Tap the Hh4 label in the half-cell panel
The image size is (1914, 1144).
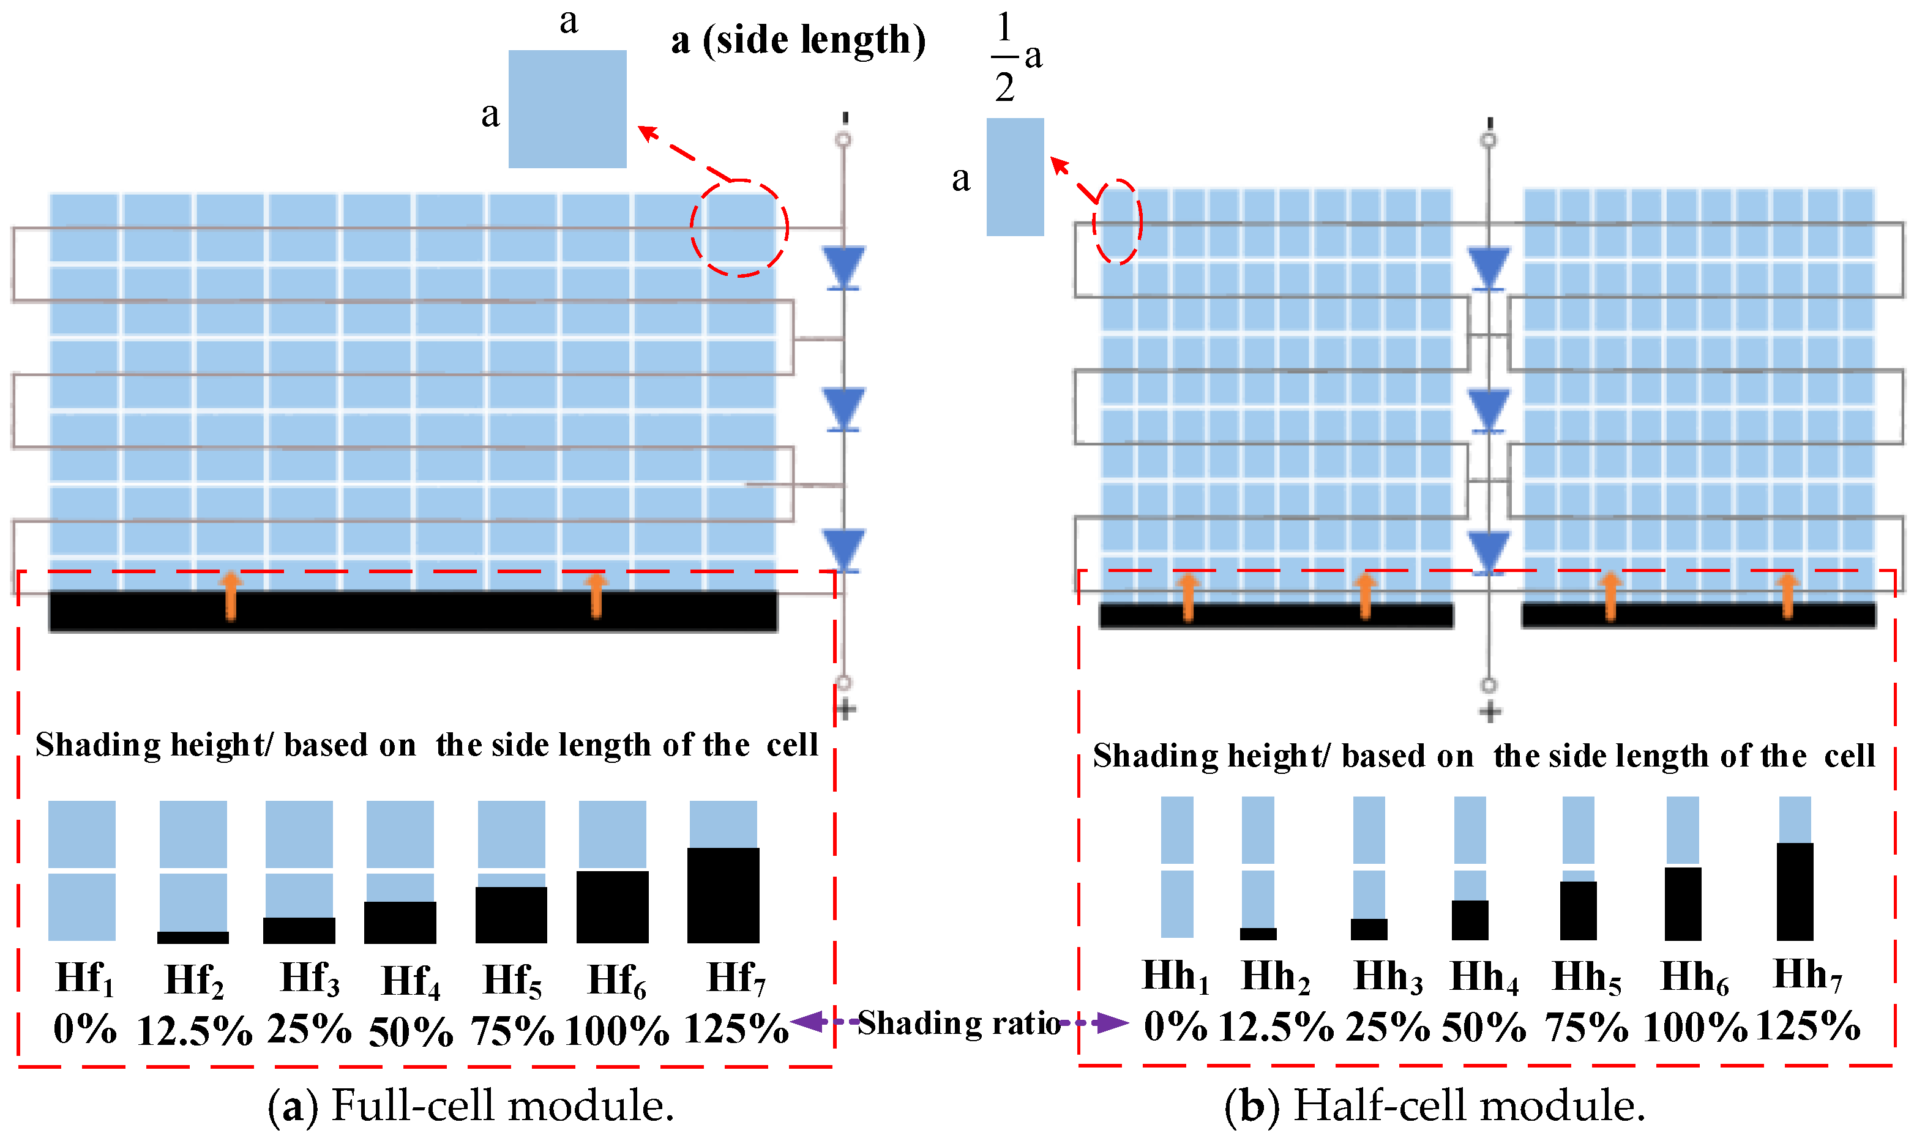[x=1484, y=978]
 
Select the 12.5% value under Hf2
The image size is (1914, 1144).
[x=193, y=1030]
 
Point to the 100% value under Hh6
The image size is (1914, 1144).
[x=1694, y=1027]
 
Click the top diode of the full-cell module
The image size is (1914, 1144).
[x=843, y=267]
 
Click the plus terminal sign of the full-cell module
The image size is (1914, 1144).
[x=845, y=709]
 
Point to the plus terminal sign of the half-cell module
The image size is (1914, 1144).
[x=1490, y=711]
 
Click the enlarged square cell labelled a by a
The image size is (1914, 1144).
[x=567, y=109]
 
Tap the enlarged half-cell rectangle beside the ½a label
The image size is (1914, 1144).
[x=1015, y=177]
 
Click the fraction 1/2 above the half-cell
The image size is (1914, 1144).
[x=1003, y=58]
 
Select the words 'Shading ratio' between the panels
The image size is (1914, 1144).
[x=959, y=1023]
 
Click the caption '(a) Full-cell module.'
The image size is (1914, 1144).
[x=471, y=1105]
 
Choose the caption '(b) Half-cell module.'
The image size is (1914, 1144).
[x=1434, y=1105]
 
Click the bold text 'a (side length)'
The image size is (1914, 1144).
[x=798, y=40]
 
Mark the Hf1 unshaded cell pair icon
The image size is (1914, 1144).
[x=82, y=871]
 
